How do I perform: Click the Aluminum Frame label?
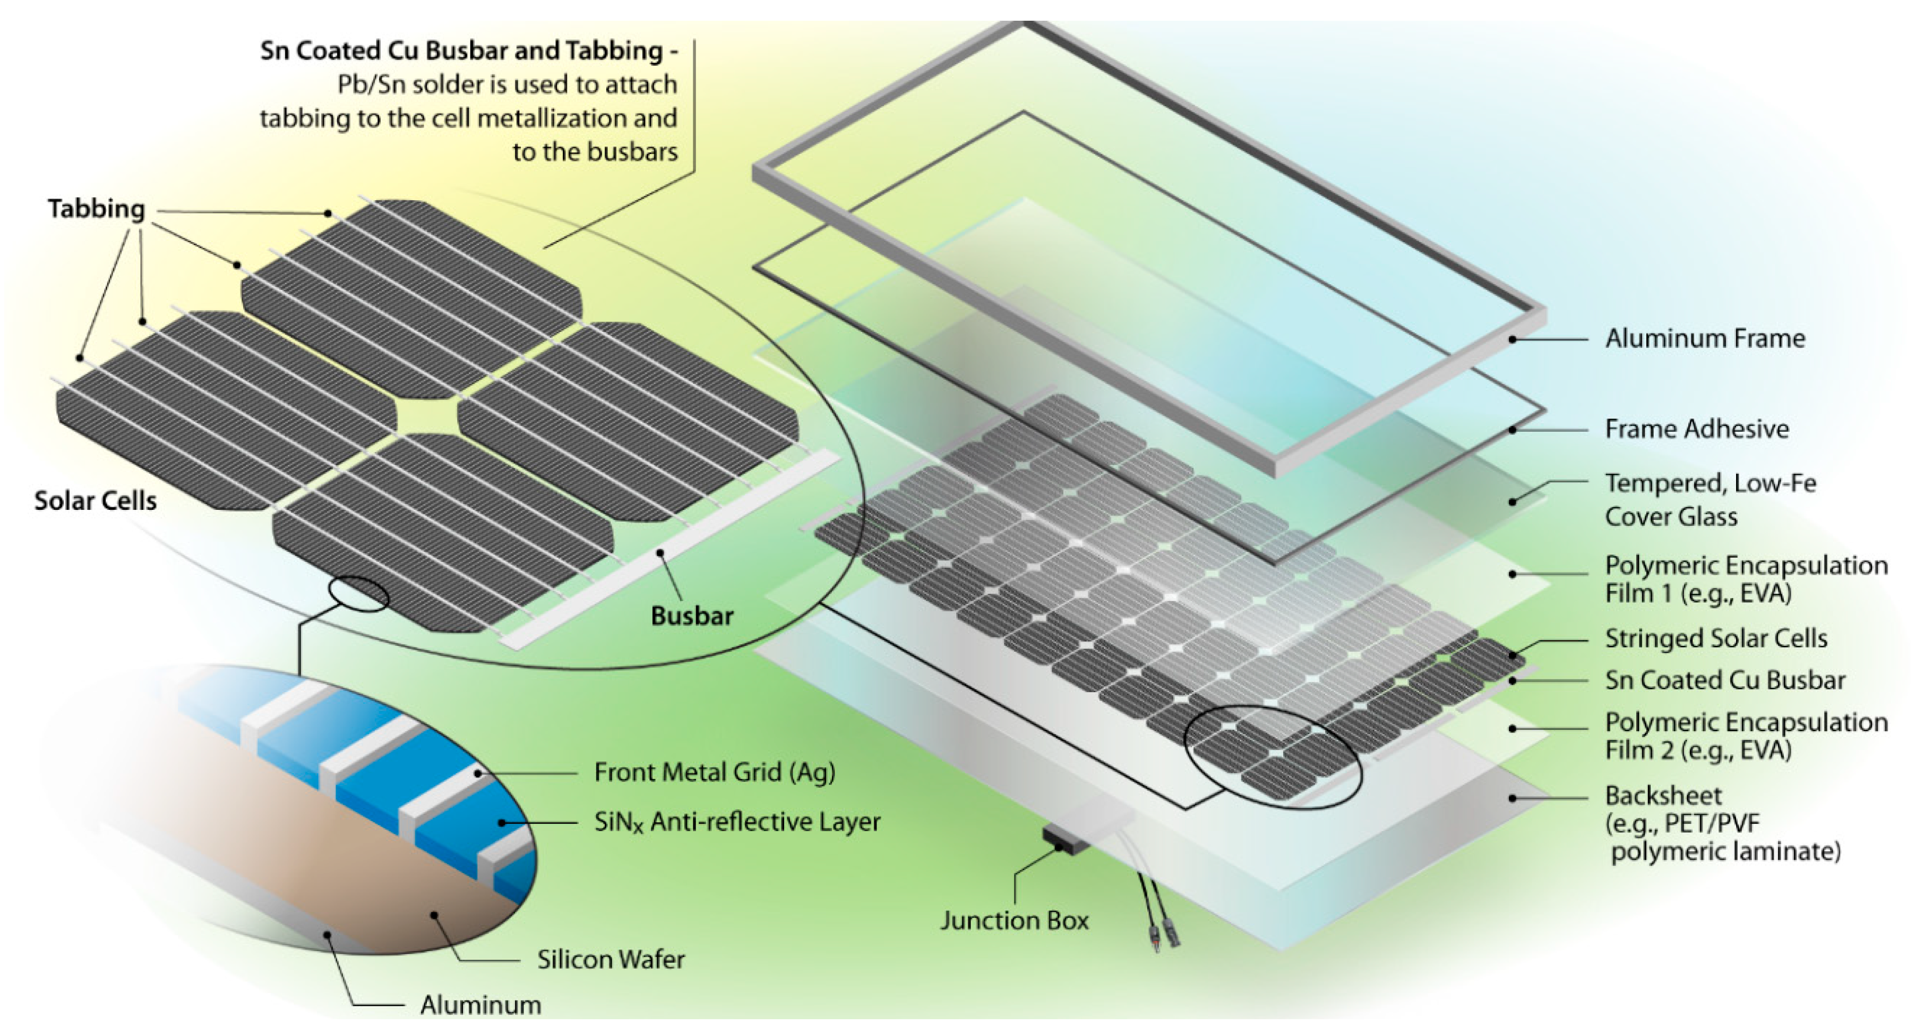tap(1705, 338)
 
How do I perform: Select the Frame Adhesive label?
tap(1696, 429)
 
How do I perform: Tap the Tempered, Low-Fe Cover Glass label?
tap(1710, 500)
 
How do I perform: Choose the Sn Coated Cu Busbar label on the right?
tap(1725, 680)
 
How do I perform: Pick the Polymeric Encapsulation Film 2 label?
tap(1746, 736)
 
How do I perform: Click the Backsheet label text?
tap(1663, 796)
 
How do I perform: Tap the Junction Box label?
tap(1014, 921)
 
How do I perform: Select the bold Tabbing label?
tap(97, 209)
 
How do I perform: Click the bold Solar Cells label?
tap(95, 500)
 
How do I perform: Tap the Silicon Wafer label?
tap(611, 959)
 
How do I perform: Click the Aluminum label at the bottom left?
tap(480, 1005)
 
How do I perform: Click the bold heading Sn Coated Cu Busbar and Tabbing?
tap(468, 50)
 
